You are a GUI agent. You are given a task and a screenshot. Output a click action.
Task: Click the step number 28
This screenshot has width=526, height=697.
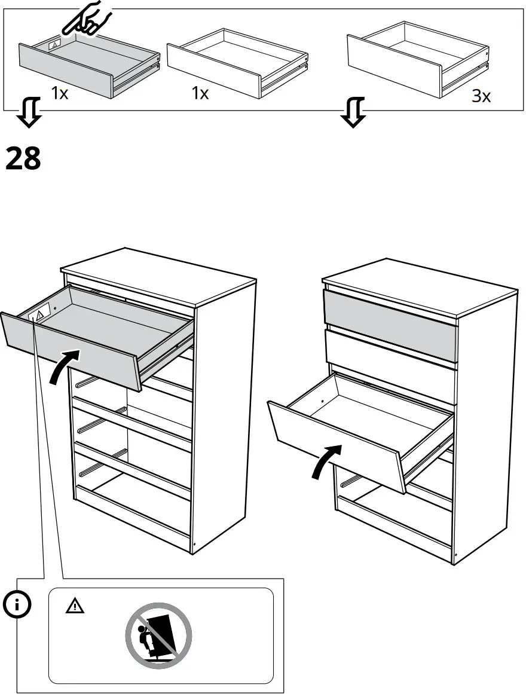pyautogui.click(x=23, y=159)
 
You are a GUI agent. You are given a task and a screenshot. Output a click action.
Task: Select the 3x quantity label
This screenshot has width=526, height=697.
pyautogui.click(x=481, y=96)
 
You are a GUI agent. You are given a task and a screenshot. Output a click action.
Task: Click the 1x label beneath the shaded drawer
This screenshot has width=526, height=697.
pyautogui.click(x=59, y=94)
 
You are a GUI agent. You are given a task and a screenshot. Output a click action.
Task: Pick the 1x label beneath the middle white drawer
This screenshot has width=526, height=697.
pyautogui.click(x=200, y=94)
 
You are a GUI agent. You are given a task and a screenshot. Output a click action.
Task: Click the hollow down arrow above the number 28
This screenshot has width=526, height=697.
pyautogui.click(x=29, y=114)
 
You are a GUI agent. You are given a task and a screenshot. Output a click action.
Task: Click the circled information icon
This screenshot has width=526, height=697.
pyautogui.click(x=18, y=605)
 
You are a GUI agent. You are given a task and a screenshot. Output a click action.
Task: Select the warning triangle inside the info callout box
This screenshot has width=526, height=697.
pyautogui.click(x=75, y=606)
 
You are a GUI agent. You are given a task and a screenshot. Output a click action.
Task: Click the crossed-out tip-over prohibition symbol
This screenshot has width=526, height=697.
pyautogui.click(x=158, y=635)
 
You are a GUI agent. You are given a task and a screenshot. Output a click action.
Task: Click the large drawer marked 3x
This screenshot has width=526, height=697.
pyautogui.click(x=418, y=60)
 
